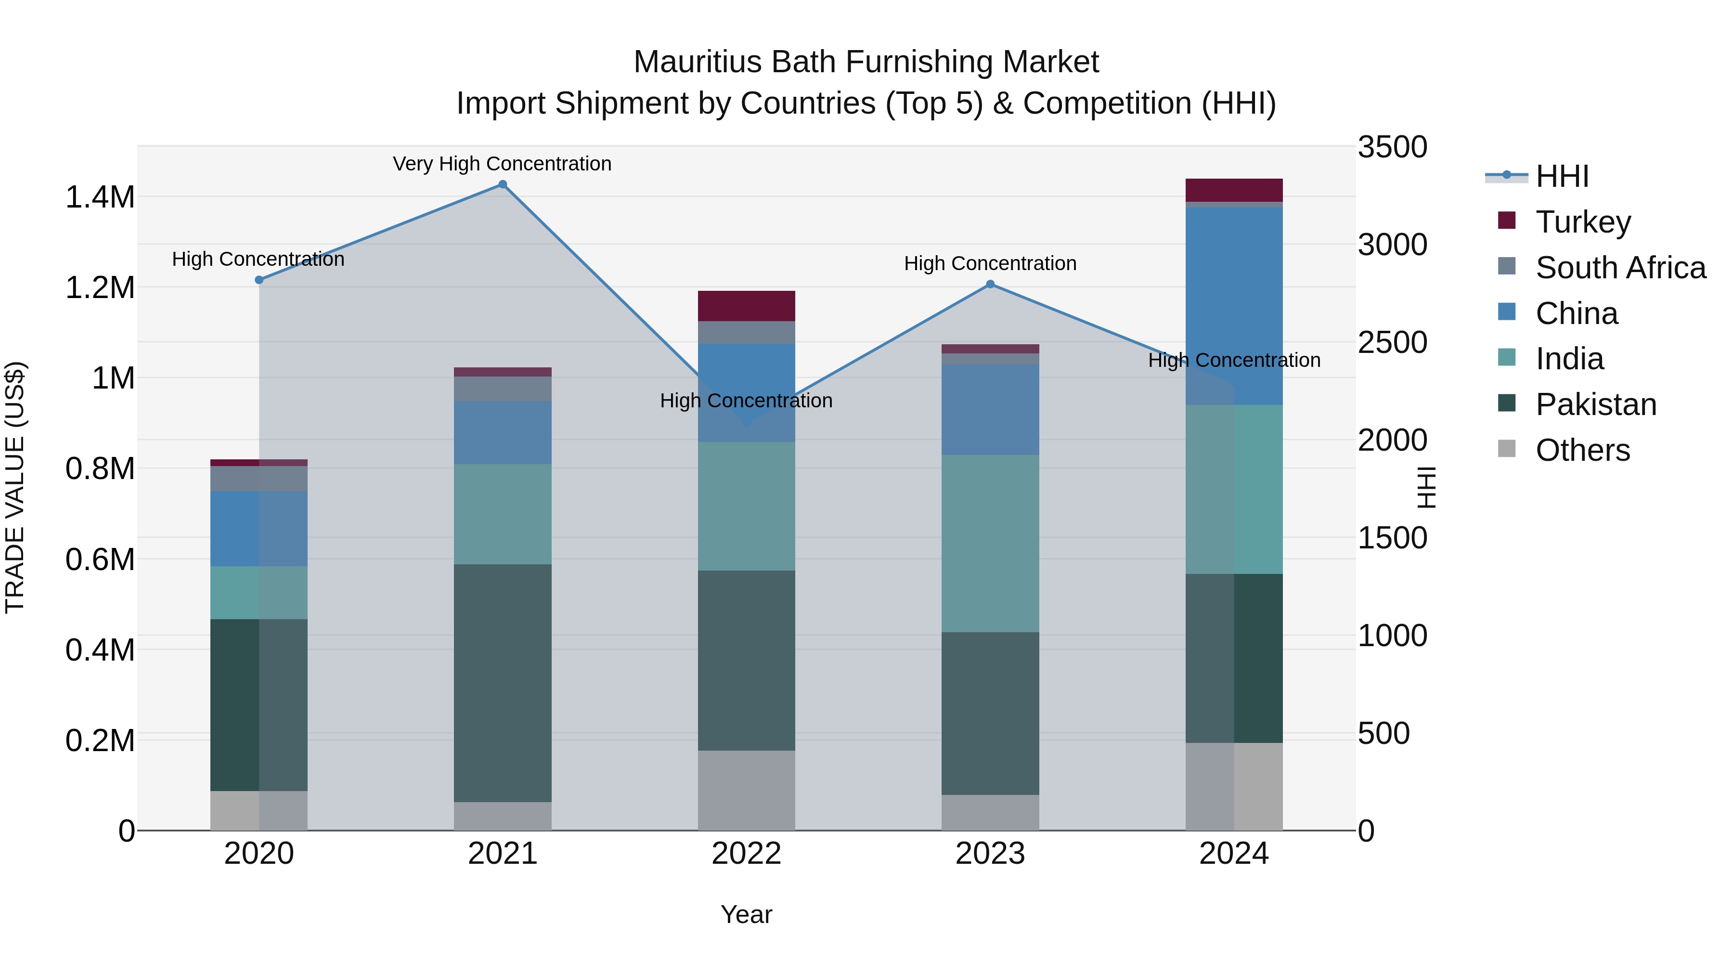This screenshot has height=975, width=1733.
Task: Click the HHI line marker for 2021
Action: [503, 184]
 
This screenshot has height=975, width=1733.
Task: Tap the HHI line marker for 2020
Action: [259, 280]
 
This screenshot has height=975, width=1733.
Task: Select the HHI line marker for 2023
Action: [990, 285]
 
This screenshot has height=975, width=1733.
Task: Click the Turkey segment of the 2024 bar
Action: [1234, 190]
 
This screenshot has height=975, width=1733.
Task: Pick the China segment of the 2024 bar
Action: [1234, 306]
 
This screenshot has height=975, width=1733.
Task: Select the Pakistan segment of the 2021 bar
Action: [503, 683]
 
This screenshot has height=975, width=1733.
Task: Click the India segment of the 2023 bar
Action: [990, 544]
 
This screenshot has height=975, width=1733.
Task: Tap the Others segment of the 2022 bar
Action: [746, 791]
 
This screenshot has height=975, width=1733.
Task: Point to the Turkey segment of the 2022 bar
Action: [746, 306]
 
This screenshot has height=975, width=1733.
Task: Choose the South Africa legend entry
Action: [1620, 268]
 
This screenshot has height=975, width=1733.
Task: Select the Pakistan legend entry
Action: [1595, 404]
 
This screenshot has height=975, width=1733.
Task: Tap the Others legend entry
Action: [1582, 450]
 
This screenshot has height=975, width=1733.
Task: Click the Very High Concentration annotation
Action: [502, 164]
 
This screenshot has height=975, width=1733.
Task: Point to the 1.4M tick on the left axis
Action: [100, 198]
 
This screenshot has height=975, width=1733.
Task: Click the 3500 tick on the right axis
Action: [1392, 147]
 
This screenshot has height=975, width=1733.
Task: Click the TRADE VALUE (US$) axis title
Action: [15, 487]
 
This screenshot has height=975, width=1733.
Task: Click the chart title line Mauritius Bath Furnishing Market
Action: [866, 62]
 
